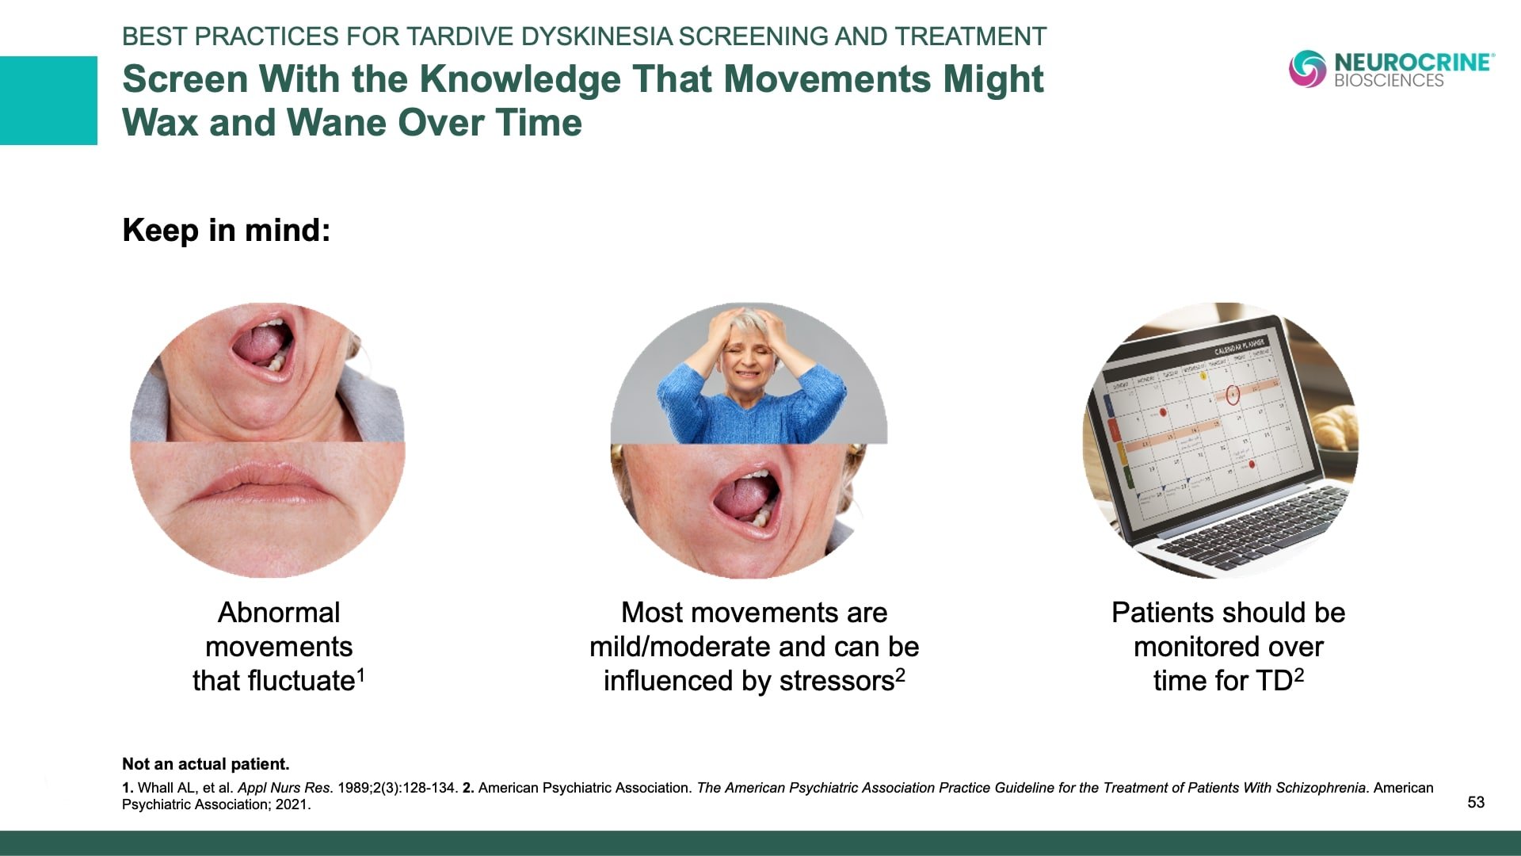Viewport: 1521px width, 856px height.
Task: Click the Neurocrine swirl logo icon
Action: [1307, 69]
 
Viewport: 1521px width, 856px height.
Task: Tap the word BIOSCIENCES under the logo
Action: [1389, 80]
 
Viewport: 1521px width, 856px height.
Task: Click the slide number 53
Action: [1476, 802]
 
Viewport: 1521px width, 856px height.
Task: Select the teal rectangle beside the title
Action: [48, 101]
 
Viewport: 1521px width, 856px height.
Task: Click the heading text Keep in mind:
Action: [227, 231]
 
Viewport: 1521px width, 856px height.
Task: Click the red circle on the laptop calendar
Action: [1232, 395]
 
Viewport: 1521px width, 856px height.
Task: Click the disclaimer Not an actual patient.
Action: [206, 764]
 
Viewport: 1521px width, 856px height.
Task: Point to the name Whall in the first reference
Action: [155, 788]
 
